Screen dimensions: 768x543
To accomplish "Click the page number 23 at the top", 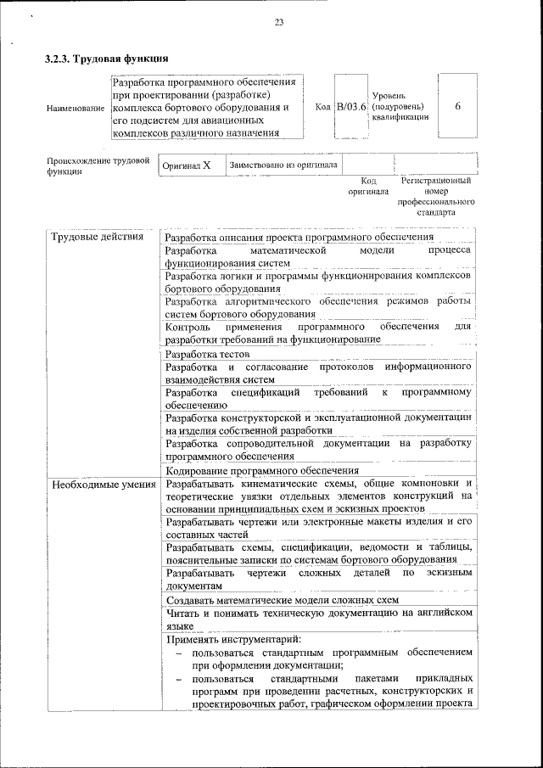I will point(278,22).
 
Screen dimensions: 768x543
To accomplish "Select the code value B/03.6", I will point(350,107).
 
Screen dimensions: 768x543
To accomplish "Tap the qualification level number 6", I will point(457,107).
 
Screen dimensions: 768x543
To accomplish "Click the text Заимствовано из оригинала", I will point(283,165).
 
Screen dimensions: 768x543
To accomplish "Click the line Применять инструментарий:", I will point(233,639).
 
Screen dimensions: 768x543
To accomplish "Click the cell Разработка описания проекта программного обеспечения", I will point(299,238).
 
